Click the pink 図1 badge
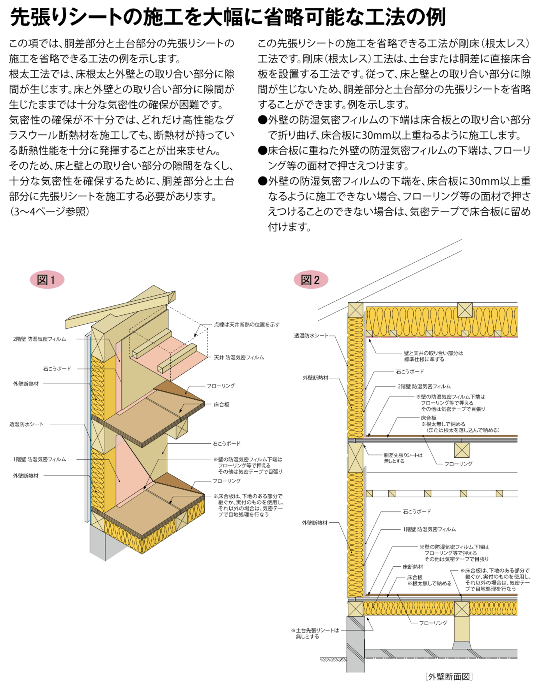click(x=47, y=280)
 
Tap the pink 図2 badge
click(x=311, y=280)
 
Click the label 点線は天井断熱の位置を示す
click(x=247, y=324)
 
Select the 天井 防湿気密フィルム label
click(x=239, y=358)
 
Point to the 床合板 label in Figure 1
click(x=221, y=405)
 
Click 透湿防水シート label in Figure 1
click(x=27, y=424)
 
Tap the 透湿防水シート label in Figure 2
click(x=311, y=336)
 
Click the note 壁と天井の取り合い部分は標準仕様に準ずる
click(x=434, y=356)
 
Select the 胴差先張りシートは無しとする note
click(x=403, y=458)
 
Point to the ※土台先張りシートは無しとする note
click(x=315, y=633)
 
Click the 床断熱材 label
click(x=413, y=567)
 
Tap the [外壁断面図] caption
click(x=449, y=676)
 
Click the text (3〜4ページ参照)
click(x=50, y=211)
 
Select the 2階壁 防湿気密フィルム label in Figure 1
click(x=40, y=339)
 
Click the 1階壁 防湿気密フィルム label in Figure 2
click(x=430, y=530)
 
